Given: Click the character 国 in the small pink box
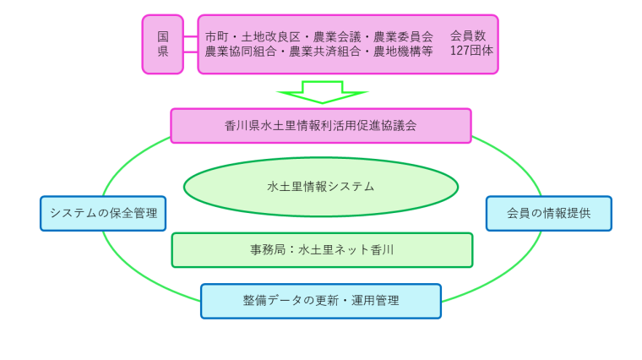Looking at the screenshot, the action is point(163,37).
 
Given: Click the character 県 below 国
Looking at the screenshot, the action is point(163,52).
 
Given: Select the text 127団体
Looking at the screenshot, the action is point(471,51).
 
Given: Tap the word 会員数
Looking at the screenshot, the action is point(468,36).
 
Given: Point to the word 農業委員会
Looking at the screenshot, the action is point(403,37).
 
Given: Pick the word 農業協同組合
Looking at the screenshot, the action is point(241,52).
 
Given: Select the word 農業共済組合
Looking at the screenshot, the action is point(324,52).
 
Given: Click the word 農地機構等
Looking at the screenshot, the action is point(403,52).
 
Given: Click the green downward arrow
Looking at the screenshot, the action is point(322,92).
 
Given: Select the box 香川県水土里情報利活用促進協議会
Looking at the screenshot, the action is point(321,126).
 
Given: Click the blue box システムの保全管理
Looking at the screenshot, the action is point(103,213).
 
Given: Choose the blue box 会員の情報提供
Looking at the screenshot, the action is point(548,213).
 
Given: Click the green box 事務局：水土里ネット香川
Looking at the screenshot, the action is point(322,250).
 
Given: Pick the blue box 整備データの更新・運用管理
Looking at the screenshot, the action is point(321,301).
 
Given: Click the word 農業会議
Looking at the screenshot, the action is point(337,37).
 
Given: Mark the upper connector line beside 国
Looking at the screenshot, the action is point(190,36).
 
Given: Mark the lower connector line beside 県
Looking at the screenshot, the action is point(190,52).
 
